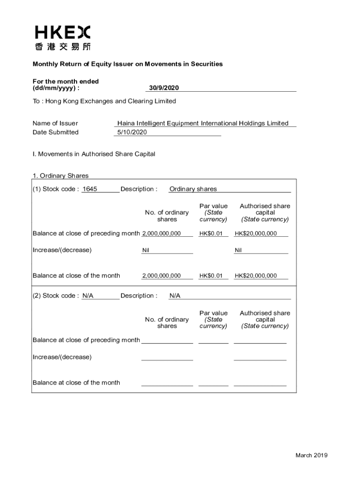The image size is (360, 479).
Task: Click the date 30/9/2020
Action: (x=164, y=88)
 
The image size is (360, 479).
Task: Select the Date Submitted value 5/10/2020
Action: (x=132, y=132)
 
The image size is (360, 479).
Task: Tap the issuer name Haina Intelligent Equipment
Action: (x=203, y=123)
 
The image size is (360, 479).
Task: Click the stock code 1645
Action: (x=89, y=189)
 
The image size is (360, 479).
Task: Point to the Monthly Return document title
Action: (x=128, y=64)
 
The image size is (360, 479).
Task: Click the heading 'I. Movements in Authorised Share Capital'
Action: (x=94, y=154)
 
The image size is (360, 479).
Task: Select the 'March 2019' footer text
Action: (x=311, y=456)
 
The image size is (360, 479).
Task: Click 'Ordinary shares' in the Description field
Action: (x=193, y=189)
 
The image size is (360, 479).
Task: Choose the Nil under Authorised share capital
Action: (x=238, y=250)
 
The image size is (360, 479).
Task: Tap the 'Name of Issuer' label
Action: (x=55, y=123)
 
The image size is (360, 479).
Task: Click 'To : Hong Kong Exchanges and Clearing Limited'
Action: (x=104, y=101)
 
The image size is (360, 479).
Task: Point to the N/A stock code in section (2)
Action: (x=87, y=296)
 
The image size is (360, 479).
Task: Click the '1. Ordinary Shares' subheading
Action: (x=60, y=176)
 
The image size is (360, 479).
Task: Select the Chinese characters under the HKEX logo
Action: (x=63, y=46)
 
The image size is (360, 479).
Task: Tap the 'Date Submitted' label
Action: (x=56, y=132)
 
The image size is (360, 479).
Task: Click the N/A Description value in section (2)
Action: (x=175, y=296)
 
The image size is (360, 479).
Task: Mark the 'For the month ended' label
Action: (x=65, y=81)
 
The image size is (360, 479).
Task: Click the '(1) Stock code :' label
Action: (x=56, y=189)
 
